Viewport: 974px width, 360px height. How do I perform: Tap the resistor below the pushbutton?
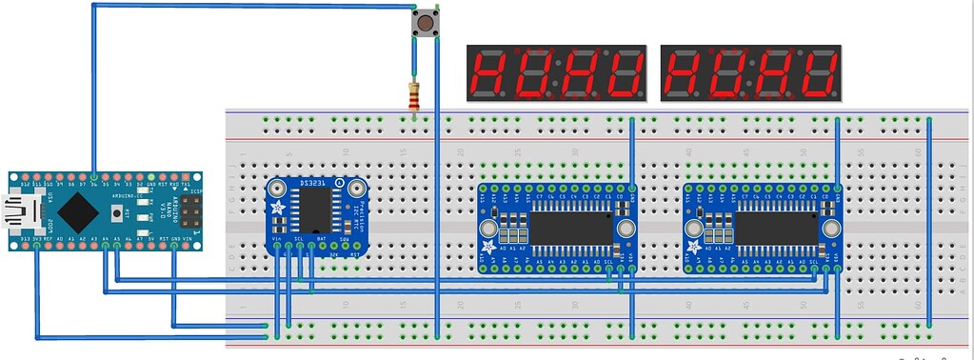(x=413, y=95)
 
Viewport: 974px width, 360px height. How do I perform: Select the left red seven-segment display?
(x=556, y=73)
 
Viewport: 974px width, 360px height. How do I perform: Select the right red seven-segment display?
(x=751, y=73)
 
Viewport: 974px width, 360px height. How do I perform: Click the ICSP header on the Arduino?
(x=194, y=211)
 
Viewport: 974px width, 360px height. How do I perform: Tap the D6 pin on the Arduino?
(x=93, y=177)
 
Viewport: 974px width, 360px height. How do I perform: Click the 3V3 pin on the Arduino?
(x=36, y=246)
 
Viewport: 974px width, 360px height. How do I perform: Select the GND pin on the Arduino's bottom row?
(x=173, y=246)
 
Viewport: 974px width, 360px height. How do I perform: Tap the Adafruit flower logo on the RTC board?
(x=277, y=208)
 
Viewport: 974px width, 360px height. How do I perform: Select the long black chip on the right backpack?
(x=776, y=227)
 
